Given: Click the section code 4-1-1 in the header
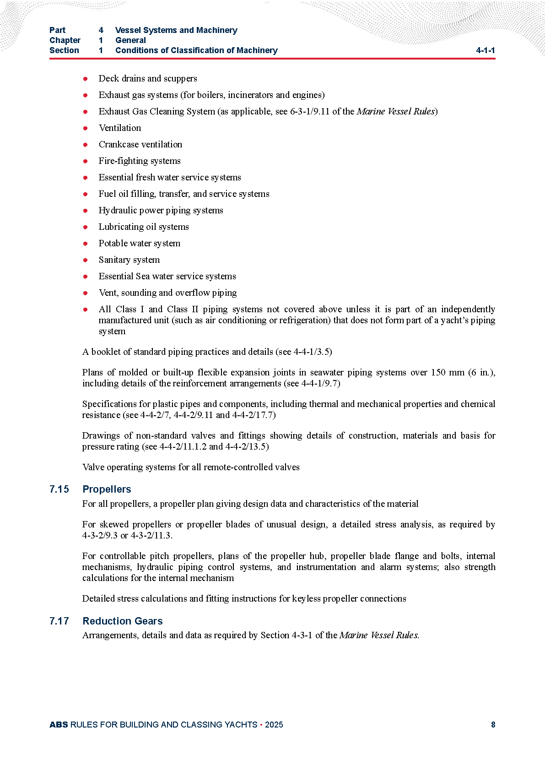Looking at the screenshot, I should click(485, 50).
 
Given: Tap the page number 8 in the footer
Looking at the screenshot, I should click(493, 725).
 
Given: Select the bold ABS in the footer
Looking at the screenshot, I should click(59, 725).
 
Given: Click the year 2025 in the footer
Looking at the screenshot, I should click(274, 725).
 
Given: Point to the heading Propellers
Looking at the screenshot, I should click(107, 489).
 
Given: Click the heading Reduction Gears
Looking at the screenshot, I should click(122, 621).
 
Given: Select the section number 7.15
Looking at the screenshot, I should click(59, 489).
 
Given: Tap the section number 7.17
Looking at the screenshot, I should click(59, 621).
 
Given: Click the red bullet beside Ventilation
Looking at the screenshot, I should click(85, 128).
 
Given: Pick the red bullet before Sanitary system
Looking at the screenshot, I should click(85, 260).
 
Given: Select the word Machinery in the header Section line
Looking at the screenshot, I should click(257, 50).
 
